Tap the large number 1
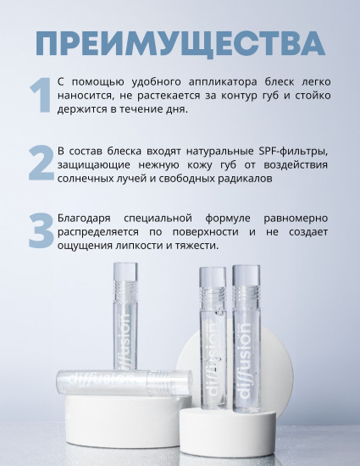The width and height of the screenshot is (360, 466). [39, 96]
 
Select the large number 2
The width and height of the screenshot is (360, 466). [40, 164]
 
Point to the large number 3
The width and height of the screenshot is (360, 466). [40, 231]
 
